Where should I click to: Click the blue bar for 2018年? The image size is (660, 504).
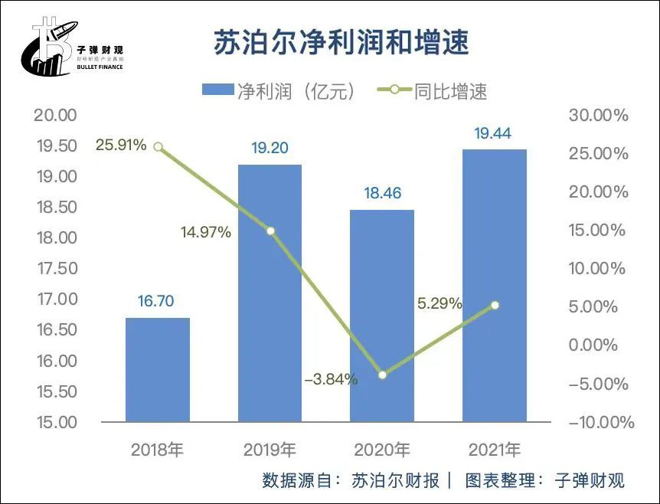click(x=158, y=369)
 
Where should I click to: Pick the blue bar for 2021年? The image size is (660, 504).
click(x=495, y=285)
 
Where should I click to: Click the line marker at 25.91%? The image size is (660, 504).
click(x=158, y=146)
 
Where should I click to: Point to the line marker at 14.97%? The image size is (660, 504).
click(x=270, y=231)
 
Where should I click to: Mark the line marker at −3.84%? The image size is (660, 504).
click(x=382, y=375)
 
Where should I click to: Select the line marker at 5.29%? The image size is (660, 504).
click(x=495, y=305)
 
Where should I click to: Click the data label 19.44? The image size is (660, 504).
click(x=495, y=134)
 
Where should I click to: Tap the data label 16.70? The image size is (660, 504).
click(x=158, y=302)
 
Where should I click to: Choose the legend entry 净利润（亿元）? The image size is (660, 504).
click(x=279, y=91)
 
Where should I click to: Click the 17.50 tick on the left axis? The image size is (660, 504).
click(x=55, y=269)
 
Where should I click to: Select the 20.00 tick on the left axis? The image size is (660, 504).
click(x=55, y=115)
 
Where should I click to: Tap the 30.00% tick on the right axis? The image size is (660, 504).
click(x=598, y=115)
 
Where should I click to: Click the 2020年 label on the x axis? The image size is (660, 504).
click(x=382, y=449)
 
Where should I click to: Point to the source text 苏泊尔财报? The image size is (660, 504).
click(x=396, y=480)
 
